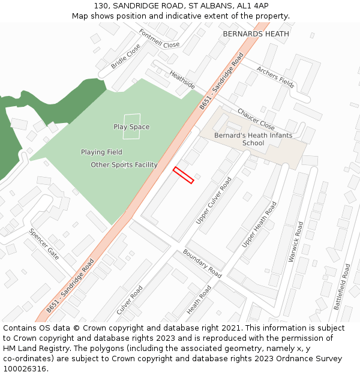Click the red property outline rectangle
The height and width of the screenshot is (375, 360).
pos(183,175)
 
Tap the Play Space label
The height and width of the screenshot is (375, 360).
pos(131,127)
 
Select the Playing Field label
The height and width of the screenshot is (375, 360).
pos(101,152)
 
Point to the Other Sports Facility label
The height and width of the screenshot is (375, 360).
pos(124,165)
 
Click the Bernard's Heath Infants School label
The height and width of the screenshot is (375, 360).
pos(253,139)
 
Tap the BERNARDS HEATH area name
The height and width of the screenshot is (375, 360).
pos(256,34)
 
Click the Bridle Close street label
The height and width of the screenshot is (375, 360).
pos(125,55)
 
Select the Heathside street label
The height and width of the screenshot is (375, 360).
pos(182,80)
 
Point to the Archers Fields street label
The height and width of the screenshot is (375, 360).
pos(275,77)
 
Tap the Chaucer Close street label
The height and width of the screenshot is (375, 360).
pos(256,119)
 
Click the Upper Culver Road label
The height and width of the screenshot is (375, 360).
pos(214,201)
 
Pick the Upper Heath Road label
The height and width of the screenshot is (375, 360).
pos(259,225)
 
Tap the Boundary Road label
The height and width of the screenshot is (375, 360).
pos(202,263)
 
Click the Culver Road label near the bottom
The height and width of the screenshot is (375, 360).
pos(130,300)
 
